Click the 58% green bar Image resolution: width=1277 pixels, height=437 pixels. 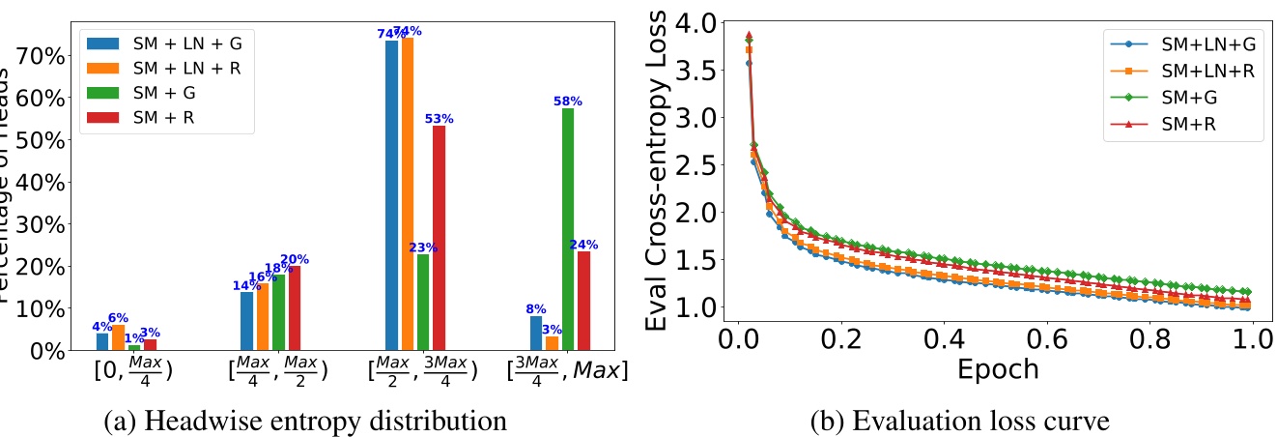click(x=567, y=229)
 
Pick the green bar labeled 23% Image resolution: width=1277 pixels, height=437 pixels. click(x=423, y=302)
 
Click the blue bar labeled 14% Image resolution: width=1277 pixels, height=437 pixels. click(x=246, y=321)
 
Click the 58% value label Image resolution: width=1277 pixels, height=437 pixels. click(x=567, y=101)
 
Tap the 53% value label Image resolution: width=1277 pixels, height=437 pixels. click(x=440, y=119)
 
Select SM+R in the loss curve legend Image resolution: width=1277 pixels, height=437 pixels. click(x=1191, y=124)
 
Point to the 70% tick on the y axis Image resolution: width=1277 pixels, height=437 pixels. click(x=45, y=55)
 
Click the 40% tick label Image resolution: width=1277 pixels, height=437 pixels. click(x=45, y=182)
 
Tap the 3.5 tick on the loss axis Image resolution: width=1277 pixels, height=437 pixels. click(x=697, y=70)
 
